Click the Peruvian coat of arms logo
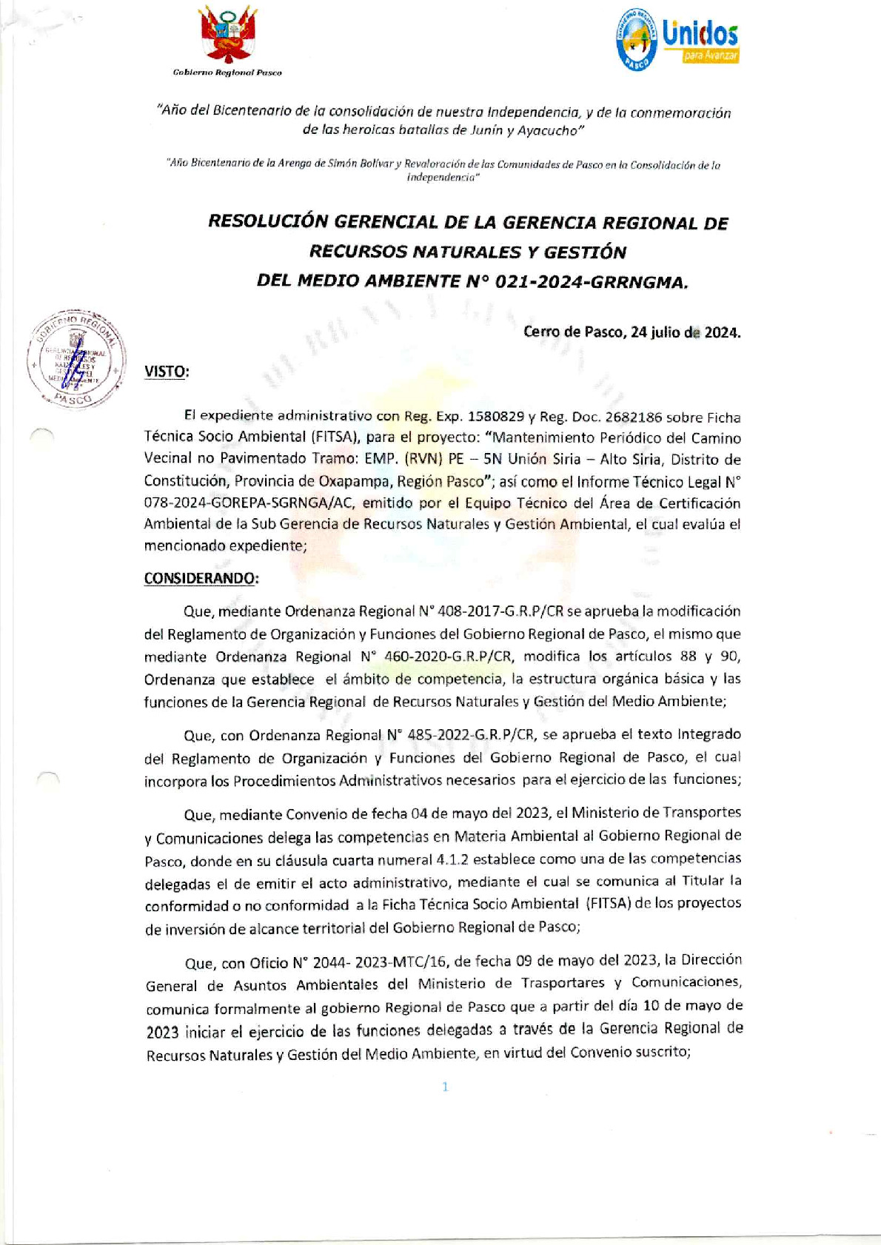229,36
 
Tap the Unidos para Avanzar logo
677,41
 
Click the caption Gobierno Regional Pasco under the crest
227,73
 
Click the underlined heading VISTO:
167,372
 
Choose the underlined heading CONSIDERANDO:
201,579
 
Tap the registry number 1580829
489,417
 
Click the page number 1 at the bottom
445,1087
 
